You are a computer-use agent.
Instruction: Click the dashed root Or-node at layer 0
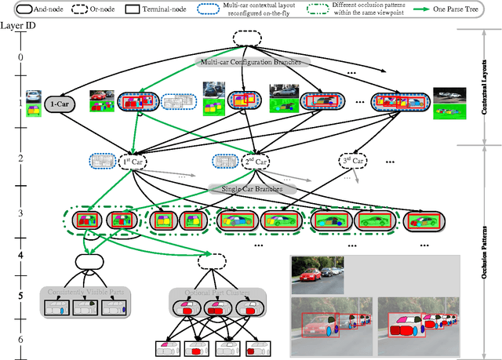(245, 38)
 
